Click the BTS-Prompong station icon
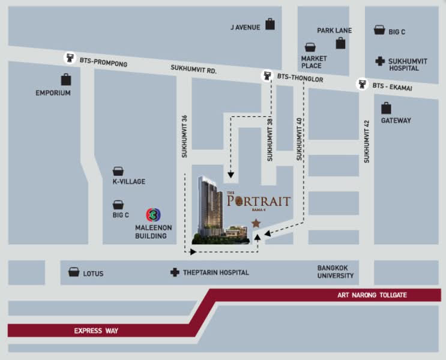[71, 58]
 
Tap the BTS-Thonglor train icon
[267, 76]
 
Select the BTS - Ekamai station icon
[362, 84]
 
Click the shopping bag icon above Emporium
[65, 79]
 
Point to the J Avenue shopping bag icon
[270, 24]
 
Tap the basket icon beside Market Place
[310, 47]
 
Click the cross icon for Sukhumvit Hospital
[379, 61]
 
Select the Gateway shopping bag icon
[386, 108]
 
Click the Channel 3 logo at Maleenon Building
[154, 214]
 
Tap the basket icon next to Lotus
[74, 272]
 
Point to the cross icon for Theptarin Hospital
[175, 272]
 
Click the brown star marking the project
[256, 223]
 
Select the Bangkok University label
[336, 272]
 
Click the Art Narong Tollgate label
[372, 295]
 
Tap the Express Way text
[96, 330]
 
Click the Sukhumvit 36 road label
[185, 136]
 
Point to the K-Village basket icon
[118, 172]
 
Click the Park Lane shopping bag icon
[340, 43]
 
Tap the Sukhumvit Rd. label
[193, 70]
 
